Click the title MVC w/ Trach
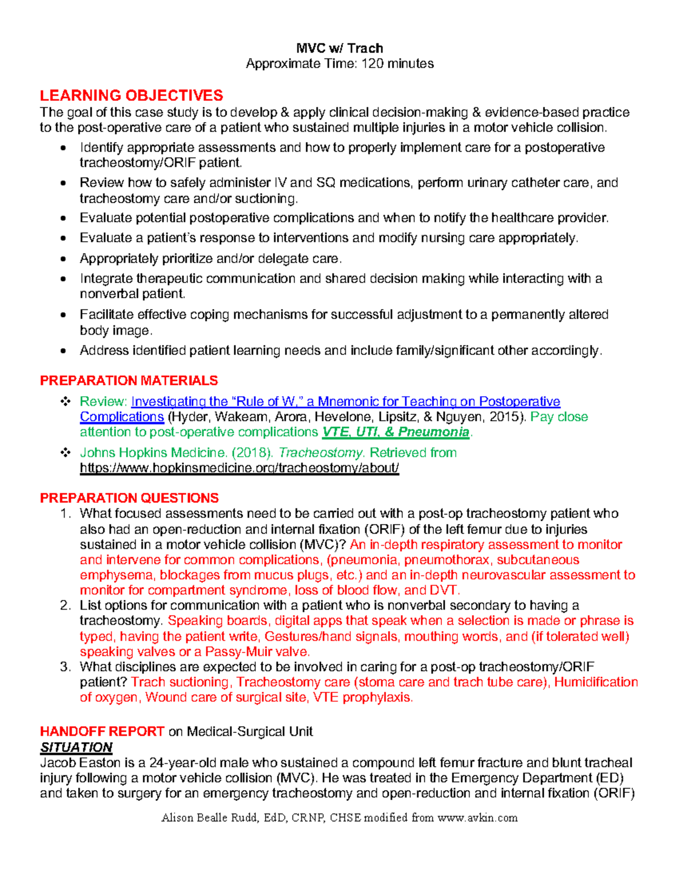(339, 48)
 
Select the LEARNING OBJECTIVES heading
(131, 95)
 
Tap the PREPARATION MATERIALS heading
(129, 380)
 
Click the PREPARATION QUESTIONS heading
(129, 498)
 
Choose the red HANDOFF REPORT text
(102, 731)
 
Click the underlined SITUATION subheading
(76, 747)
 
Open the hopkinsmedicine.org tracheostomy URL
(239, 468)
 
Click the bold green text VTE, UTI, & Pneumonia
(396, 432)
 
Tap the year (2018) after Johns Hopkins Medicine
(251, 453)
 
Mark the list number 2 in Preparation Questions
(65, 606)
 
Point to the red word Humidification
(596, 682)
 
